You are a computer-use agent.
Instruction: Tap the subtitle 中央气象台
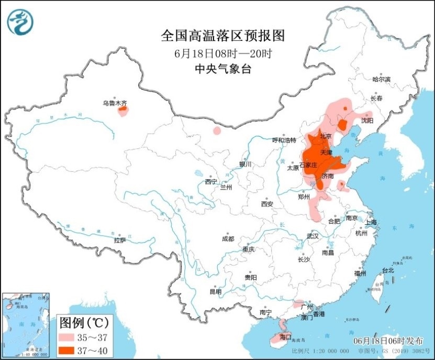pos(222,68)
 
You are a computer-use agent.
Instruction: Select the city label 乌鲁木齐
pos(114,103)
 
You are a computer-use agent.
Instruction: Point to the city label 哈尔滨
pos(381,79)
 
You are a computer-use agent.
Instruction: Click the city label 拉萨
pos(120,240)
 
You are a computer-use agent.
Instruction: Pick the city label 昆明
pos(215,291)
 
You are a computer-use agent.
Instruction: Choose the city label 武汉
pos(313,236)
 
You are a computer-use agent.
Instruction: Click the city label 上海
pos(371,222)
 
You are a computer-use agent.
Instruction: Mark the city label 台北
pos(387,270)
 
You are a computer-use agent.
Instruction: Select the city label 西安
pos(267,203)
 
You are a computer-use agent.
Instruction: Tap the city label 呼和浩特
pos(284,140)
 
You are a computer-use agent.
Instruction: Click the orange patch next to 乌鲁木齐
pos(123,110)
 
